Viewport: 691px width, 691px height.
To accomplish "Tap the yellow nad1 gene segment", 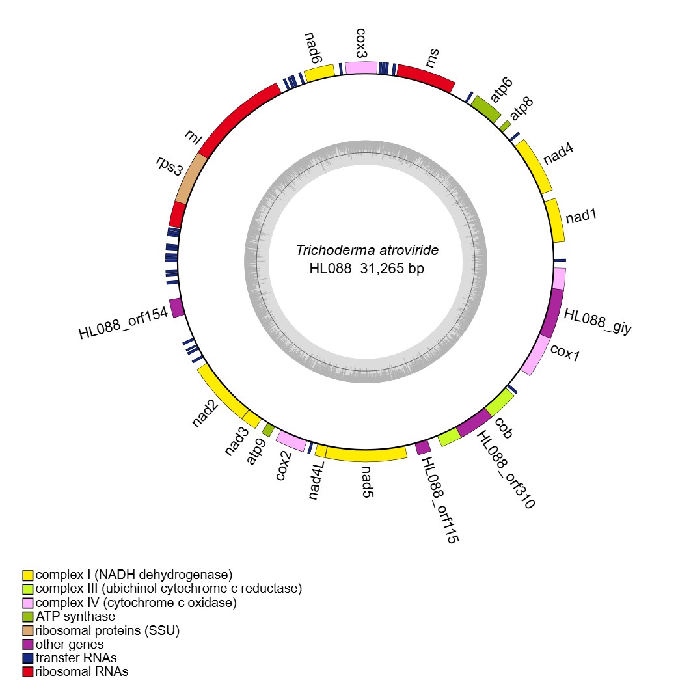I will coord(554,220).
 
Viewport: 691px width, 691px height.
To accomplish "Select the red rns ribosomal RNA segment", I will coord(426,77).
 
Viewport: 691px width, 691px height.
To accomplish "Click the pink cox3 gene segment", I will coord(360,68).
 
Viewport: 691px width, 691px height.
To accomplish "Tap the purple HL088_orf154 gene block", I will coord(176,307).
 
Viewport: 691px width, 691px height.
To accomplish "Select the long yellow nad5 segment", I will coord(366,454).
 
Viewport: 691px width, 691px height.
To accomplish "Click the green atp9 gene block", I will coord(267,429).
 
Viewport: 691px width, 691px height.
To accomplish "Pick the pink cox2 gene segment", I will coord(291,441).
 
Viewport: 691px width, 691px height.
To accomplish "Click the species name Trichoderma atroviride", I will coord(367,251).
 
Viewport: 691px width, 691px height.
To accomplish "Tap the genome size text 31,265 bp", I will coord(392,268).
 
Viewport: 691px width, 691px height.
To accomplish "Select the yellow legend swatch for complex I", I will coord(27,575).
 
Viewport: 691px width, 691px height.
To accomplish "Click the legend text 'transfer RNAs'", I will coord(76,658).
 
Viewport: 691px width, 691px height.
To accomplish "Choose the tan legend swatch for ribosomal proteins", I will coord(27,630).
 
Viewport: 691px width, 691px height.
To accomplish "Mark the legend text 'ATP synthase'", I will coord(75,616).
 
